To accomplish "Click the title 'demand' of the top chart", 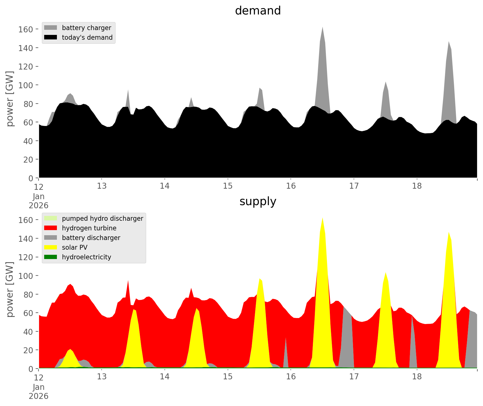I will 258,11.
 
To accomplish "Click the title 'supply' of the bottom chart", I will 258,201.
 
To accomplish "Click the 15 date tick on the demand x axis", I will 228,186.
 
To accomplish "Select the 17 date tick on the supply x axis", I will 354,377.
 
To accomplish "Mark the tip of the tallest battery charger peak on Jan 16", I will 322,27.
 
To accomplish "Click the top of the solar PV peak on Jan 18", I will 449,232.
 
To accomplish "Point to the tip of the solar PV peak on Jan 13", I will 134,310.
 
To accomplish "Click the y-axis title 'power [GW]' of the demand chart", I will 10,99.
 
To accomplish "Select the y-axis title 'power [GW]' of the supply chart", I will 10,289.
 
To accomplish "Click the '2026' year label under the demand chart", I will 39,205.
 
